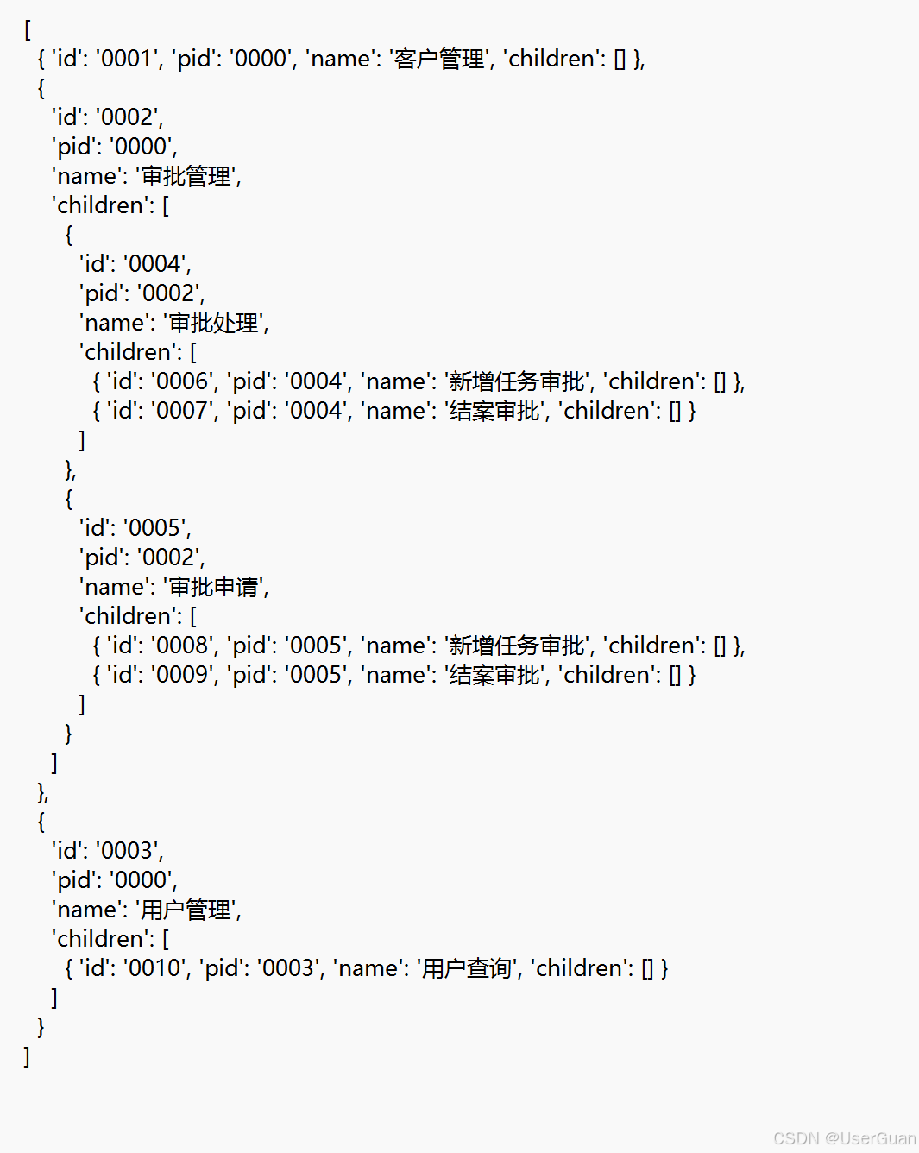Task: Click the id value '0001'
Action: point(126,59)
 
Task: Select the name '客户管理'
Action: point(439,59)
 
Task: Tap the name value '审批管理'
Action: point(186,176)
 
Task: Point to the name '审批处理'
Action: point(214,323)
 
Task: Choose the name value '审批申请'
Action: point(214,587)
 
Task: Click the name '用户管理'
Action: point(186,910)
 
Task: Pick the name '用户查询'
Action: point(467,968)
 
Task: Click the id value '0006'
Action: point(181,381)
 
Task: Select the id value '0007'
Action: point(181,411)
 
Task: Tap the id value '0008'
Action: point(181,646)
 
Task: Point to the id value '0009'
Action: point(181,675)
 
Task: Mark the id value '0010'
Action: point(154,968)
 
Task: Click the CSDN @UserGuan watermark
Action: point(844,1138)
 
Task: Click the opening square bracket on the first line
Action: point(27,29)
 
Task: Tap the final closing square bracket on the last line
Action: point(27,1056)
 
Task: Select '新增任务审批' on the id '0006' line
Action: point(517,381)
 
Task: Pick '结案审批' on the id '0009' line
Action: point(494,675)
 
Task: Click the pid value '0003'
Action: point(288,968)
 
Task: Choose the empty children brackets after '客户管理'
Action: point(620,59)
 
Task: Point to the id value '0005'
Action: point(154,528)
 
